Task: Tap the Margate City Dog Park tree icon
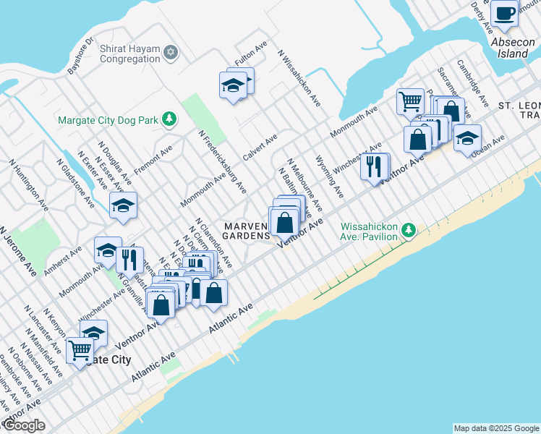(x=169, y=119)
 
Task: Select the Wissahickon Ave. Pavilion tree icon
(x=409, y=230)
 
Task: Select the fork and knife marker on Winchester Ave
(x=373, y=167)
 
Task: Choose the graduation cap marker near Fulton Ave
(x=233, y=85)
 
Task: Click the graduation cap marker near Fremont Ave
(x=123, y=205)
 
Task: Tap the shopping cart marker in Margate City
(x=80, y=352)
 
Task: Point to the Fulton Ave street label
(x=252, y=56)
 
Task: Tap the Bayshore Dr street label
(x=81, y=56)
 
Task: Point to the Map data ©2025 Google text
(x=495, y=428)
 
